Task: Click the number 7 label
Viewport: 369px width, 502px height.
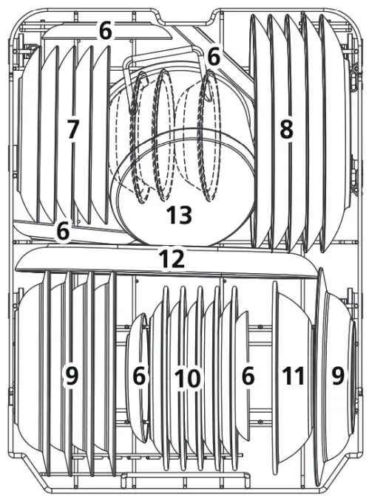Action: [72, 130]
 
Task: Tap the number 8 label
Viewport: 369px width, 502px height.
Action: [285, 130]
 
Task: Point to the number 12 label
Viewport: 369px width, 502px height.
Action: [172, 258]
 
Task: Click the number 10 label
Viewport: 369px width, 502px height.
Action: [187, 379]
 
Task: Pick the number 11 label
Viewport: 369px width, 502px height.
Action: [294, 376]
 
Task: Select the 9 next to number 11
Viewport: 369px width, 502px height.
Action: [337, 376]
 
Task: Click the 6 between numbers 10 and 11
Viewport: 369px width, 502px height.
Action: [248, 376]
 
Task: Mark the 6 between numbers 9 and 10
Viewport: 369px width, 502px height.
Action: [139, 376]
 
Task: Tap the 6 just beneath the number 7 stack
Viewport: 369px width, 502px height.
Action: [63, 231]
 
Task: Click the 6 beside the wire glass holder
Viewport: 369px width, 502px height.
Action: [214, 55]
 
